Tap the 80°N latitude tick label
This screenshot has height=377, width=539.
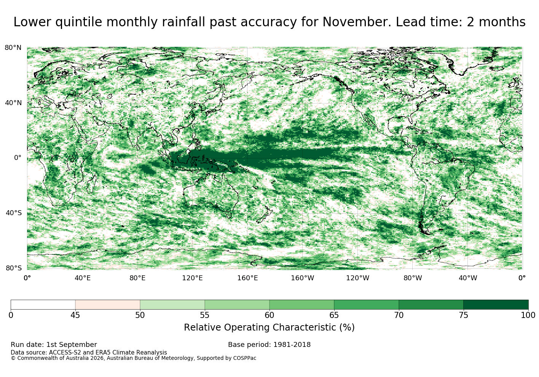[x=13, y=48]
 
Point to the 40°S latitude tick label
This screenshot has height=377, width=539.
[x=13, y=213]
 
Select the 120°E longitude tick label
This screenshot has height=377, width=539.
[x=192, y=278]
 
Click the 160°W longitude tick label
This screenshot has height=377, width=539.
[x=303, y=278]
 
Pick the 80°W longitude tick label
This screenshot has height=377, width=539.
[x=413, y=278]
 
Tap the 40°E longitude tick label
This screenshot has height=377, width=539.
[x=82, y=278]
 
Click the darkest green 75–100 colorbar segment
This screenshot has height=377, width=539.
[x=496, y=305]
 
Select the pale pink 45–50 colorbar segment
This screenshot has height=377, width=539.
[x=108, y=305]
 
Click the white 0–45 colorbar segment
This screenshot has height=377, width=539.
[x=43, y=305]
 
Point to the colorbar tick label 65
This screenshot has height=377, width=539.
[x=334, y=315]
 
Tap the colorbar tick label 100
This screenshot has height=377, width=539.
[x=528, y=315]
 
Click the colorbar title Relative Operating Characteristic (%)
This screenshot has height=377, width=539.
[x=269, y=327]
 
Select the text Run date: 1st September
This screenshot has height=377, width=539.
[x=54, y=345]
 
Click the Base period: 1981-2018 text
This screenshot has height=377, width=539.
[x=269, y=345]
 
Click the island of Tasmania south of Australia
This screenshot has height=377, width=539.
[x=229, y=215]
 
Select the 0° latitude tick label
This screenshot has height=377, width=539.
[x=18, y=158]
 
